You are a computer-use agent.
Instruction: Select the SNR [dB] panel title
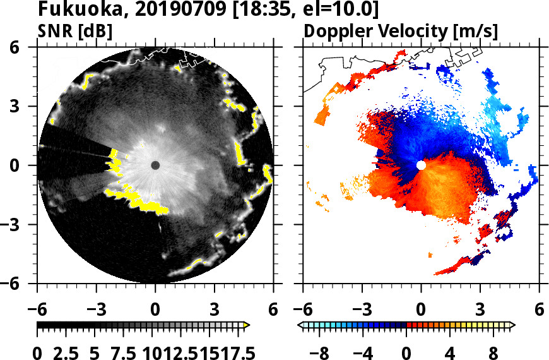[x=76, y=30]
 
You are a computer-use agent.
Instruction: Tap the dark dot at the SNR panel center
[x=155, y=165]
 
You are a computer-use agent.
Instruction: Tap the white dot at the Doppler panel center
[x=421, y=165]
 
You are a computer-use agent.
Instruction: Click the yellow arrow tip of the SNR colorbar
[x=247, y=325]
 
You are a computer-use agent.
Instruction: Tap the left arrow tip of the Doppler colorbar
[x=300, y=325]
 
